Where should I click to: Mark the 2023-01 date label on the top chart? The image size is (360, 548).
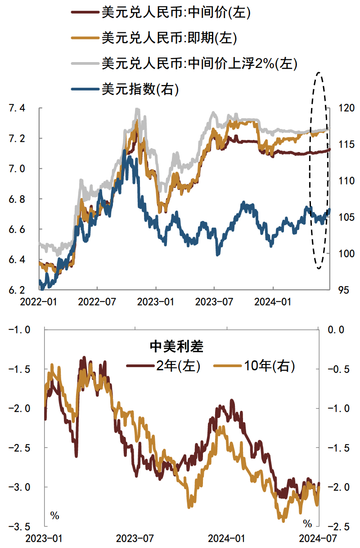(156, 301)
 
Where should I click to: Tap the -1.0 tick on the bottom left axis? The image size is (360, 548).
(18, 330)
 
